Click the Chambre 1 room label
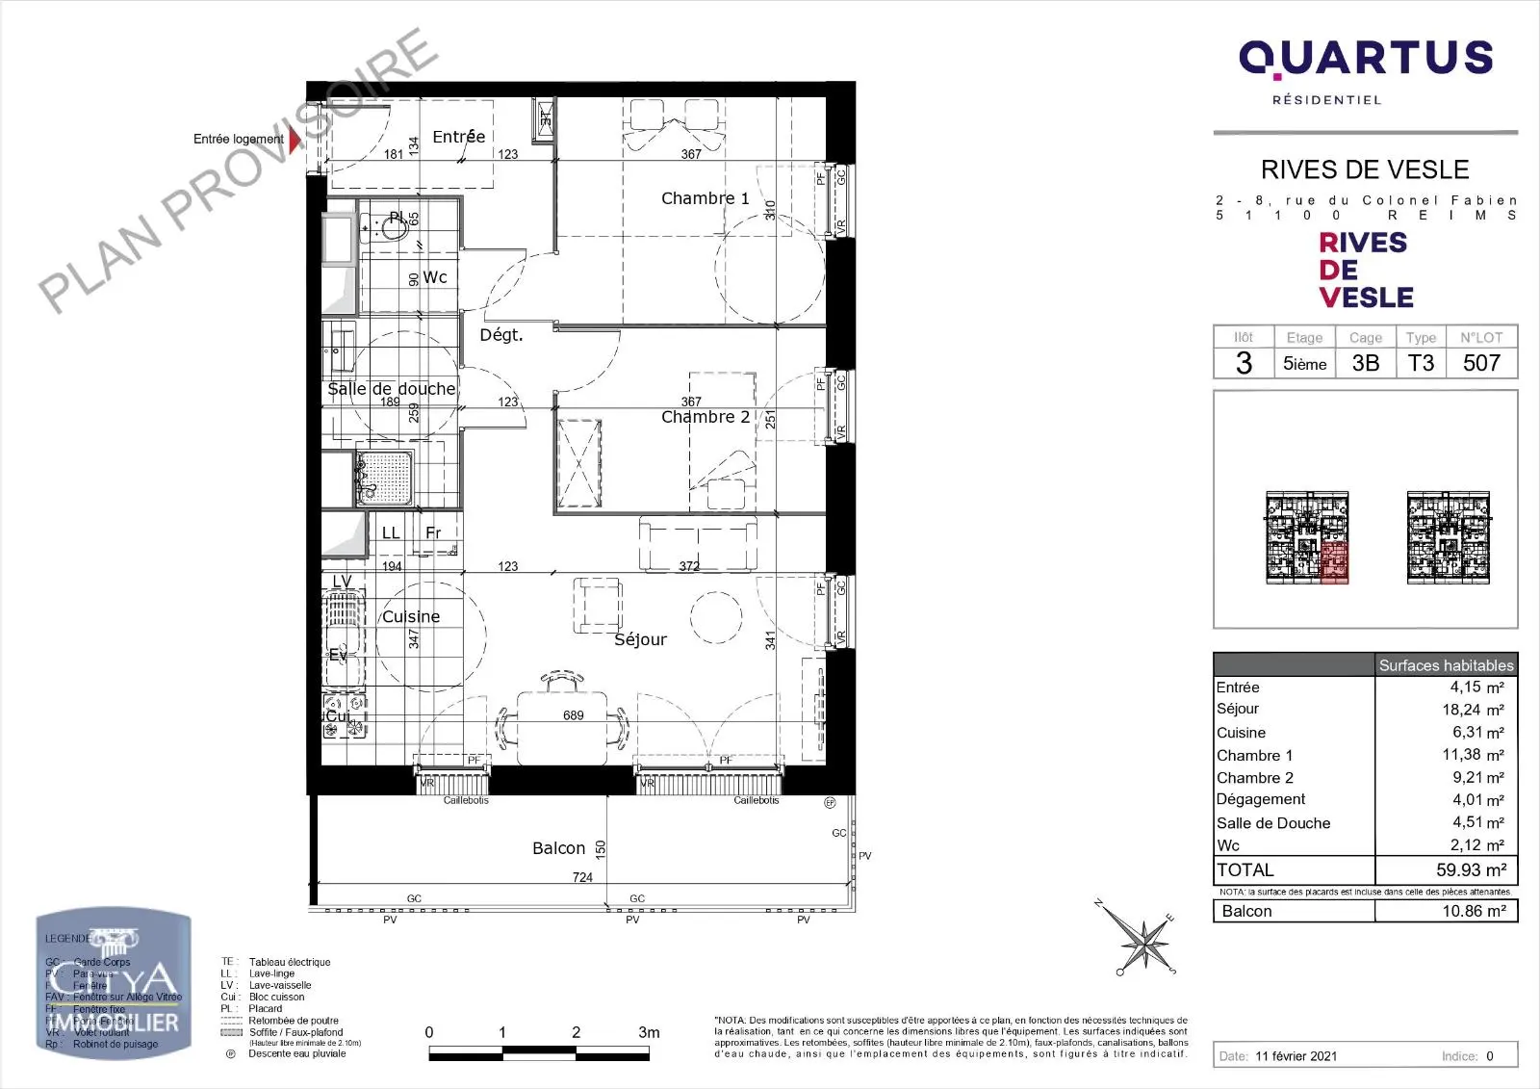tap(705, 198)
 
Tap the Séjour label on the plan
tap(640, 639)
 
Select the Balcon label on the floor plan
tap(558, 848)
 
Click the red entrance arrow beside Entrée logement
tap(295, 140)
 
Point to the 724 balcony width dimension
tap(582, 877)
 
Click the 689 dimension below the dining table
tap(574, 715)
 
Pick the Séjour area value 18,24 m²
tap(1473, 710)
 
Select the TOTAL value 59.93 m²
tap(1471, 869)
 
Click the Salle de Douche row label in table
tap(1272, 823)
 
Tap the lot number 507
tap(1481, 363)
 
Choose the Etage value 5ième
tap(1304, 364)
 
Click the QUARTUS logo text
tap(1365, 60)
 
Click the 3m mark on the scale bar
tap(649, 1032)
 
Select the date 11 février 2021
tap(1296, 1056)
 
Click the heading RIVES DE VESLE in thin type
tap(1364, 170)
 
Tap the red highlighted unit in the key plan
tap(1333, 562)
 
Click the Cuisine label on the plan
tap(411, 617)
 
